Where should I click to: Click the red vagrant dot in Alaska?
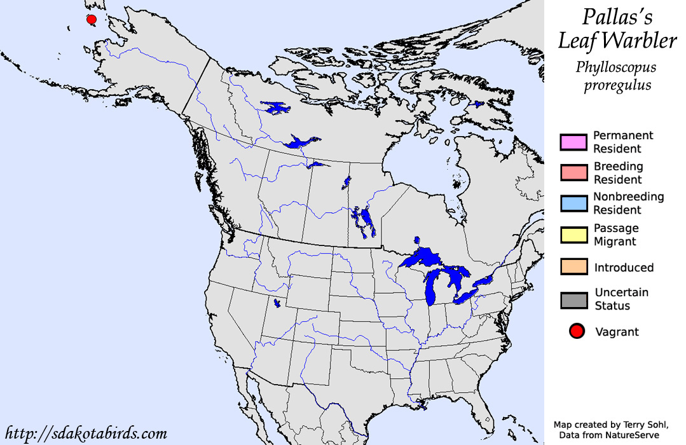point(92,20)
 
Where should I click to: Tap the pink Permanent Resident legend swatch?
point(572,142)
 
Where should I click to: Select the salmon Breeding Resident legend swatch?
point(572,173)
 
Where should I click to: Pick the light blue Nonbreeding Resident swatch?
point(572,203)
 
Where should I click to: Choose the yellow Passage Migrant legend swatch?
point(572,235)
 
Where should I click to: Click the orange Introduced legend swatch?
point(572,267)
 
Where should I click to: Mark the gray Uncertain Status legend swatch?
point(572,299)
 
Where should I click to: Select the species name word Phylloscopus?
point(615,67)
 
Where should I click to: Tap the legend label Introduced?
point(624,268)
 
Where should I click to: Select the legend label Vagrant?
point(617,332)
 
